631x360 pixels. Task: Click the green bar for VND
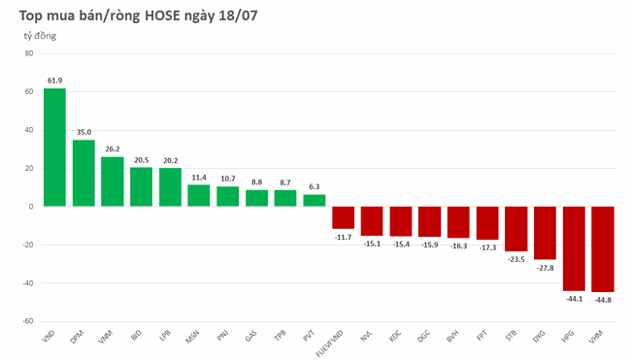coord(54,147)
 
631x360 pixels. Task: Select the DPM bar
coord(83,173)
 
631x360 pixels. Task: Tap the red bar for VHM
coord(603,248)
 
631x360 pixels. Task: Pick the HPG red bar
coord(574,247)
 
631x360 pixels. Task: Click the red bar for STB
coord(515,228)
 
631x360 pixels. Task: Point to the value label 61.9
coord(54,80)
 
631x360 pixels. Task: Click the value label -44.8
coord(603,300)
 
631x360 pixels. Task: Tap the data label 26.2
coord(113,148)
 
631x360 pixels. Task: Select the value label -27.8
coord(545,267)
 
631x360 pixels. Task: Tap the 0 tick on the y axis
coord(31,207)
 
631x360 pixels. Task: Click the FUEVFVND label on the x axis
coord(333,342)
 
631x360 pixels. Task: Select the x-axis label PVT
coord(309,336)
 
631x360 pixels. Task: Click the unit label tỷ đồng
coord(41,36)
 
